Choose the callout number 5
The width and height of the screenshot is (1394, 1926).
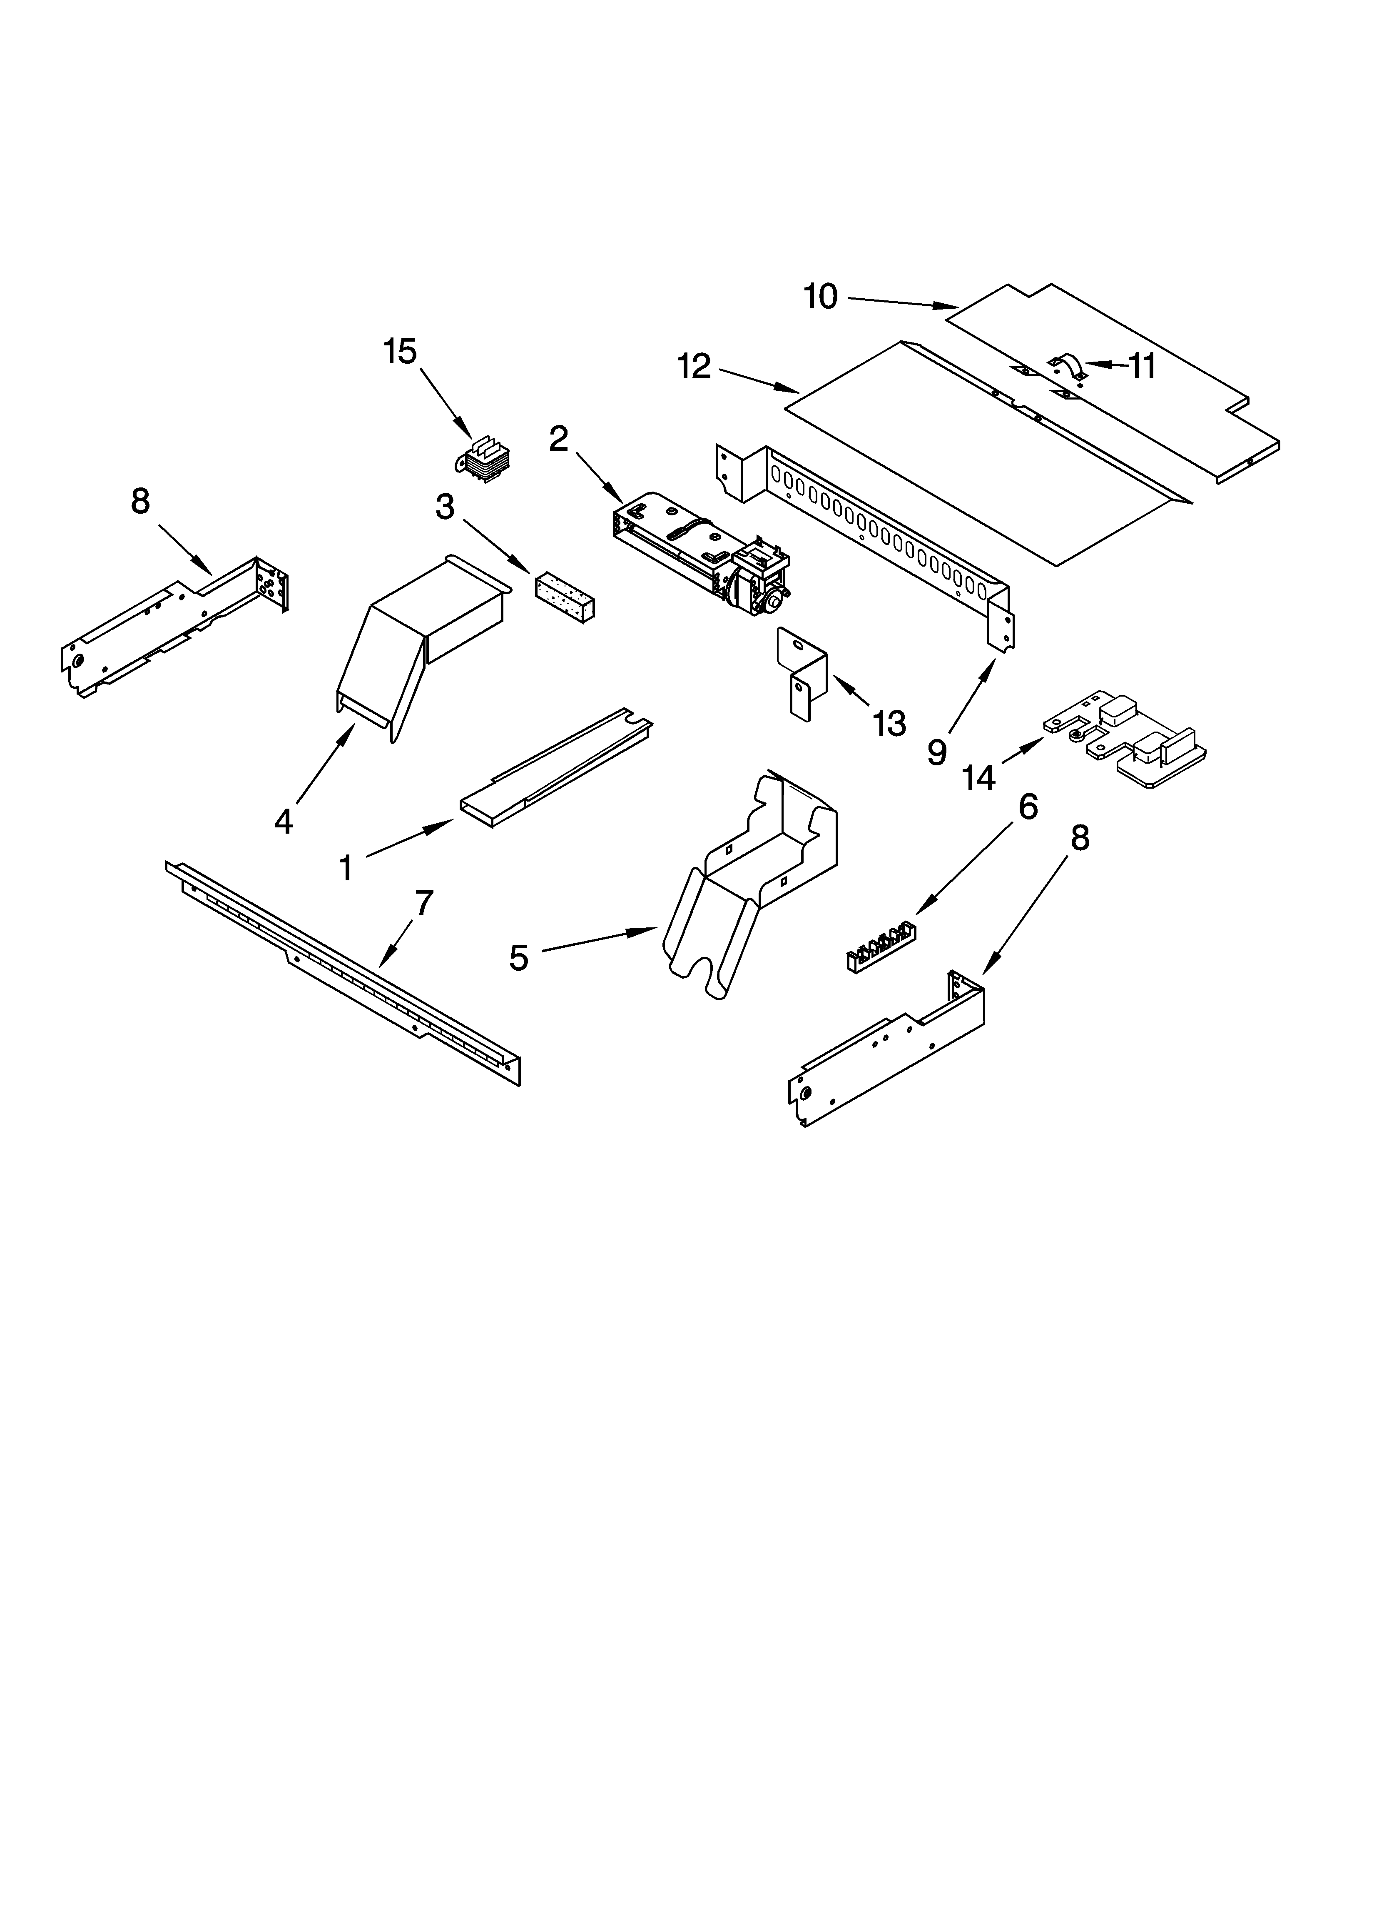(519, 958)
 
